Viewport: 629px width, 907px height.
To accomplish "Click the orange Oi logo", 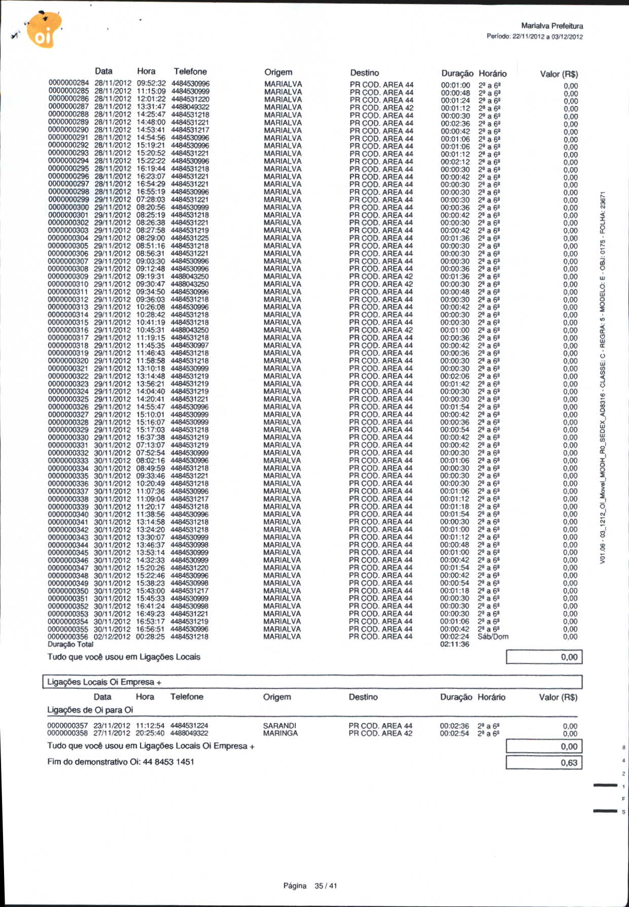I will pyautogui.click(x=44, y=30).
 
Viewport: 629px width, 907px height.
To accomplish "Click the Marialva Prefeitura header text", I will pyautogui.click(x=552, y=26).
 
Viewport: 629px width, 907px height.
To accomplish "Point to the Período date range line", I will pyautogui.click(x=534, y=37).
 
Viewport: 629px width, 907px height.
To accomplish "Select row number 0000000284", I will pyautogui.click(x=68, y=83).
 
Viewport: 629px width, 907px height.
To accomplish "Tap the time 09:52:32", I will pyautogui.click(x=151, y=83).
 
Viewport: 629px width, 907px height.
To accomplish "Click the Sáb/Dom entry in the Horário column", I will pyautogui.click(x=493, y=636).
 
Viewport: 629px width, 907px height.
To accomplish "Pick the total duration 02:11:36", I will pyautogui.click(x=455, y=644).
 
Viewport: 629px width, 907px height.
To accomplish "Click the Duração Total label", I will pyautogui.click(x=71, y=644).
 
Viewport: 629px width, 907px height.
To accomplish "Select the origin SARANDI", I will pyautogui.click(x=279, y=726).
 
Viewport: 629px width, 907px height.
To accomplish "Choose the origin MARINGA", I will pyautogui.click(x=281, y=733).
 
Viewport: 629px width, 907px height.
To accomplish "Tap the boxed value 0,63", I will pyautogui.click(x=569, y=763).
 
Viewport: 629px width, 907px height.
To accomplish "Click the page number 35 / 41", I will pyautogui.click(x=326, y=886).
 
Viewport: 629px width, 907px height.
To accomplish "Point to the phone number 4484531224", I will pyautogui.click(x=189, y=726).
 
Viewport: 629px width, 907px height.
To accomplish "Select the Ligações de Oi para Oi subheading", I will pyautogui.click(x=90, y=710).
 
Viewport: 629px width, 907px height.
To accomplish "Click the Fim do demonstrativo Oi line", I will pyautogui.click(x=121, y=762).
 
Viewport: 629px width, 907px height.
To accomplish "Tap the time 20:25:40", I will pyautogui.click(x=150, y=733).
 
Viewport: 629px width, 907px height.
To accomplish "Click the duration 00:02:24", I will pyautogui.click(x=455, y=636).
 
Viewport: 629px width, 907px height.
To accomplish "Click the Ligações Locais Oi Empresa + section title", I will pyautogui.click(x=104, y=682).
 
